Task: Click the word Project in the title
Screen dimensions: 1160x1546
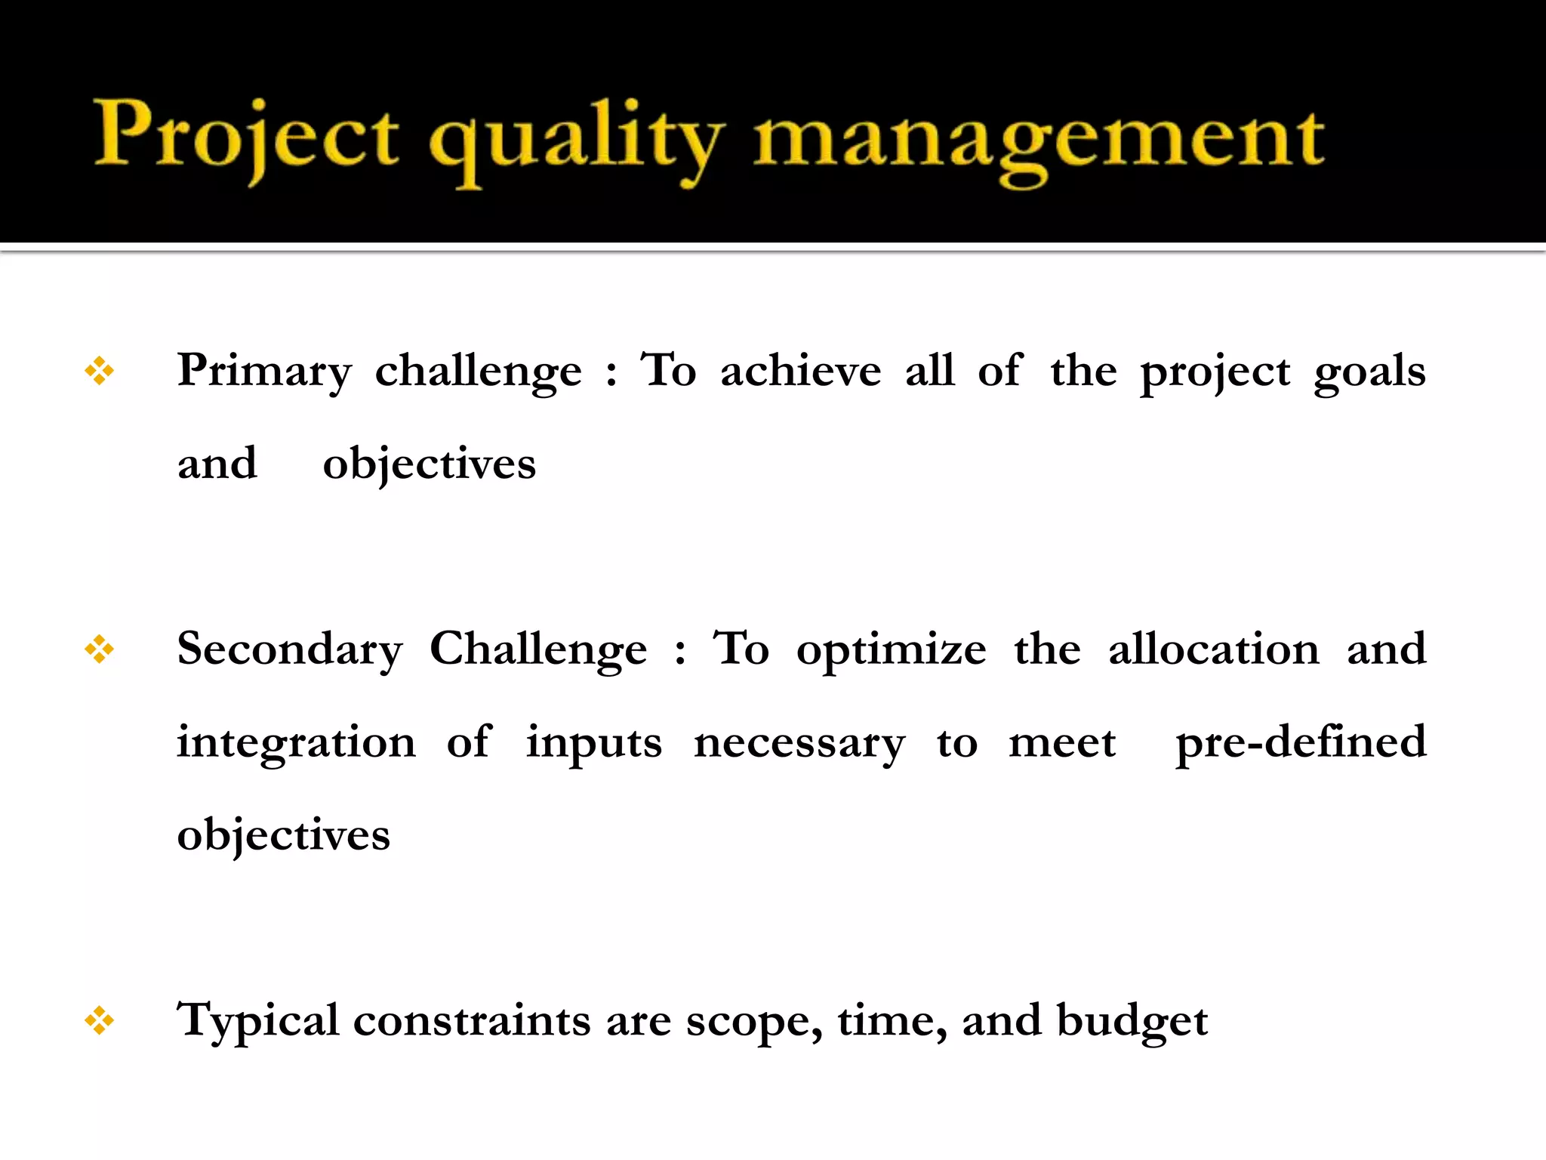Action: click(246, 136)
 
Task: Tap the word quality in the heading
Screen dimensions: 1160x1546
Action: click(575, 140)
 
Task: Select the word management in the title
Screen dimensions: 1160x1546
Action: click(1039, 140)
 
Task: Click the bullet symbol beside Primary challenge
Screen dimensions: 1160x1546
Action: click(100, 371)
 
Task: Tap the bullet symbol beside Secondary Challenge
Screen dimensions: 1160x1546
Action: click(100, 649)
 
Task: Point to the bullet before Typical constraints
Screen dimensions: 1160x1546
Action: click(100, 1021)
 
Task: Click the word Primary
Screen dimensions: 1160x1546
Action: click(264, 371)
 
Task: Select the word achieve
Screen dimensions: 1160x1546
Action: click(800, 371)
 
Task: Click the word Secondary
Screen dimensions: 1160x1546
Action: click(290, 649)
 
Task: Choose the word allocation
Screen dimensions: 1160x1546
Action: click(1213, 649)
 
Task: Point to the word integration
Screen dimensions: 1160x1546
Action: click(296, 743)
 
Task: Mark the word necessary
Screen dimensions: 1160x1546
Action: click(799, 743)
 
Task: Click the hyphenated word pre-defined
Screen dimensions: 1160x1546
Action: click(1301, 742)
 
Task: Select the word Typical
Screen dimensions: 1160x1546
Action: click(257, 1021)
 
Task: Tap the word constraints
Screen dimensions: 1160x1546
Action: click(472, 1021)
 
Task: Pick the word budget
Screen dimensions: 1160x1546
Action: click(1132, 1021)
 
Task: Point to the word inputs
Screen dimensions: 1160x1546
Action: click(594, 743)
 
